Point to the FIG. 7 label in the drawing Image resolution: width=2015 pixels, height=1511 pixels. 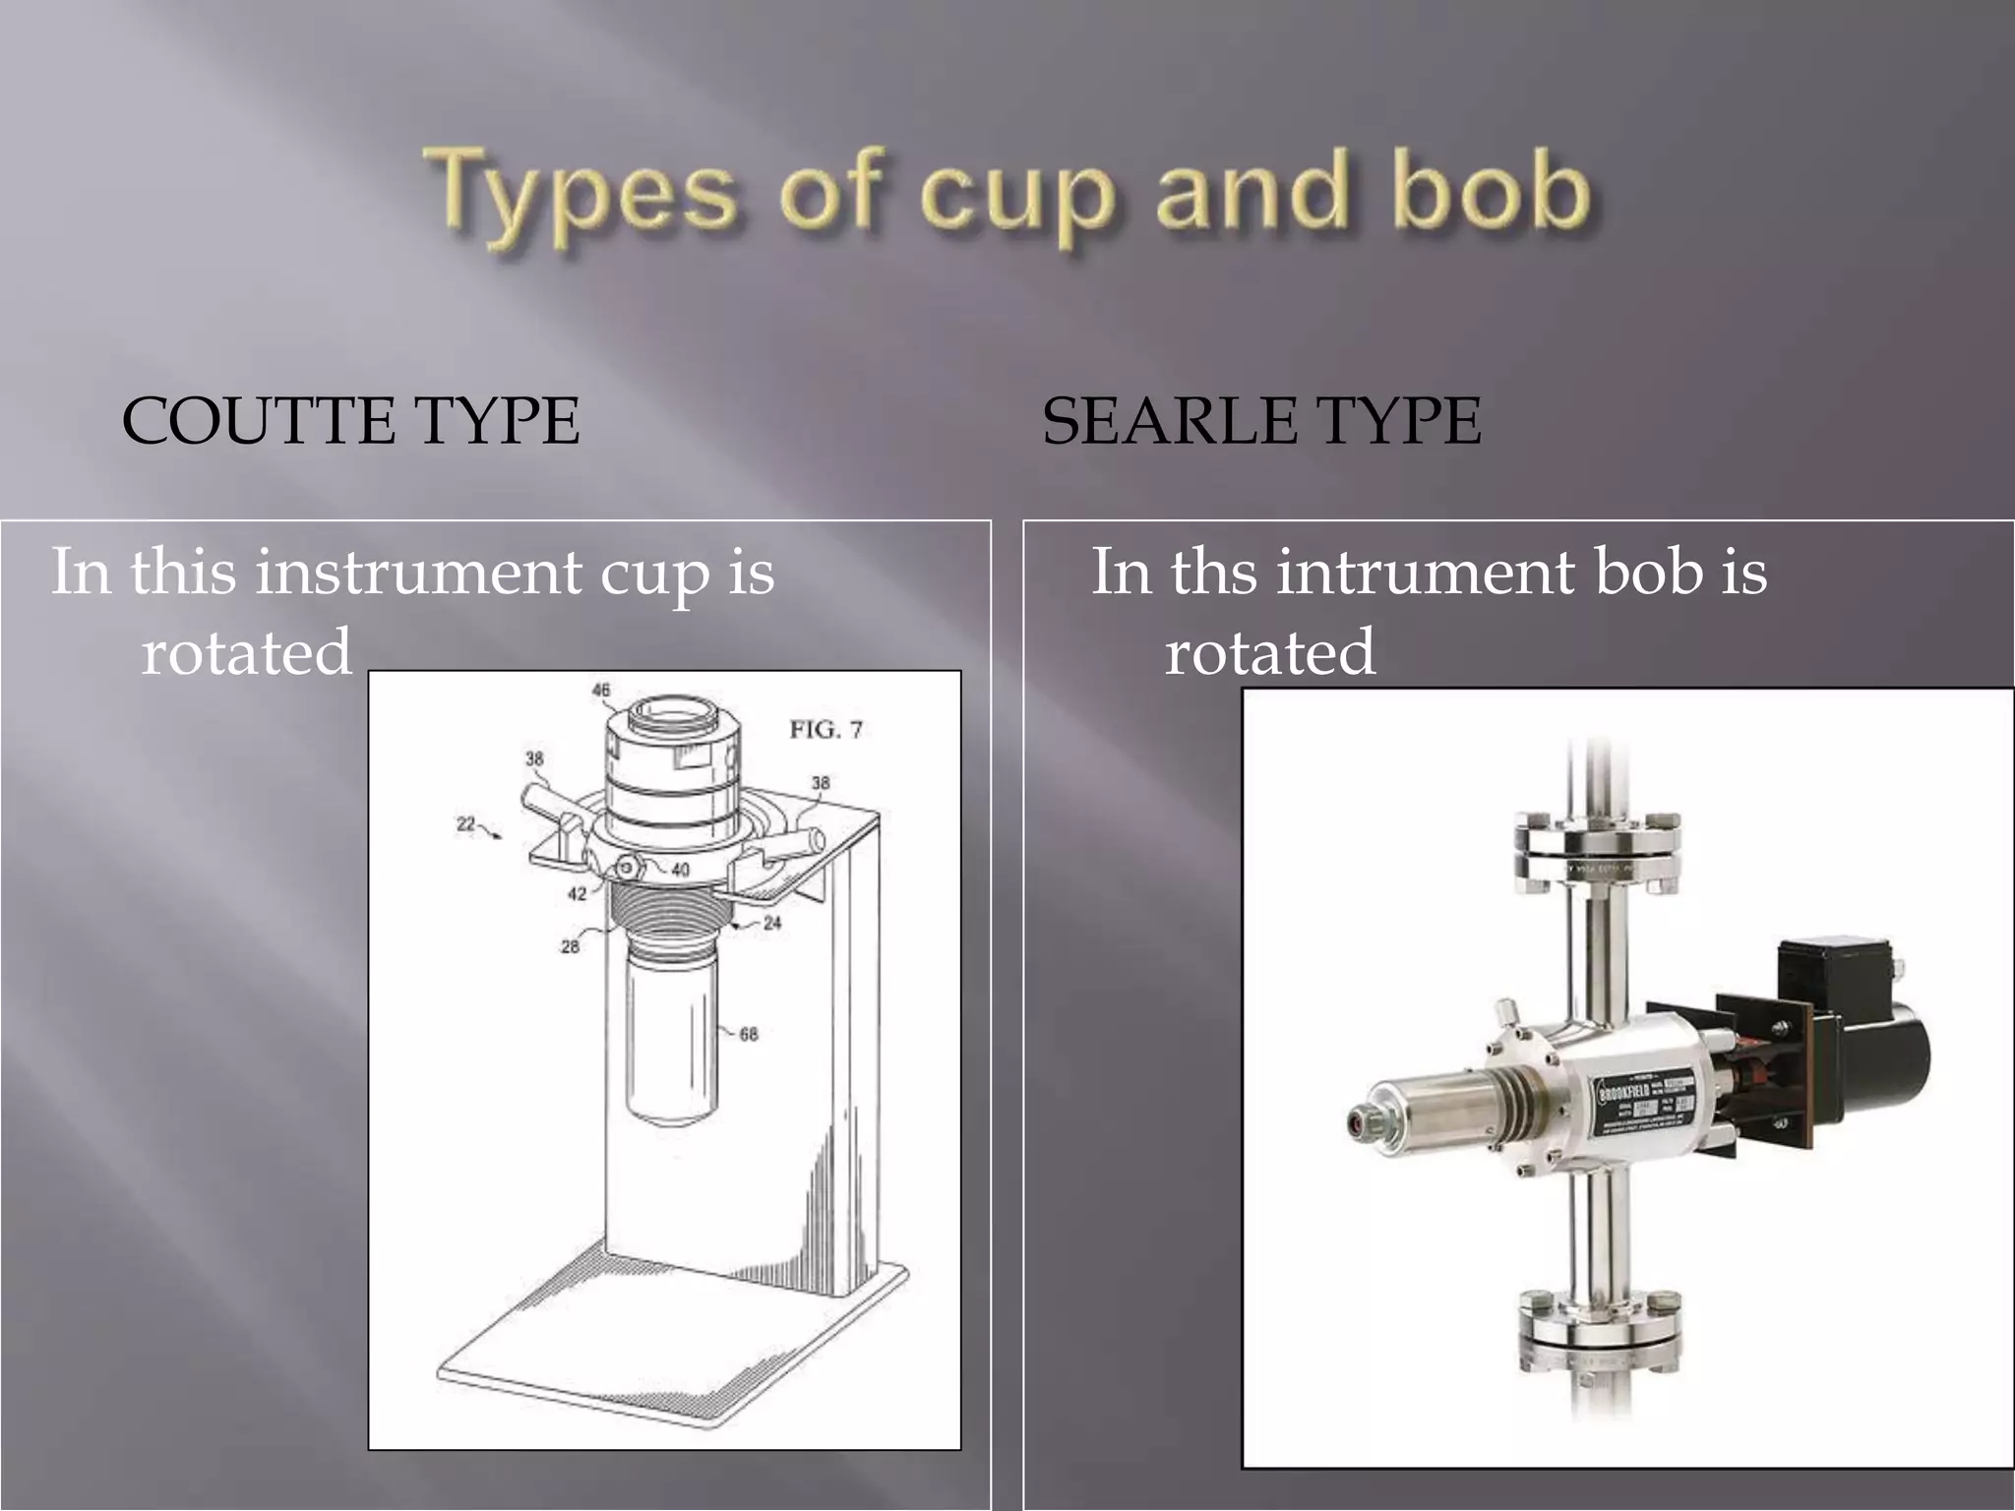825,729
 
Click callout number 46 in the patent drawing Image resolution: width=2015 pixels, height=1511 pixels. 601,690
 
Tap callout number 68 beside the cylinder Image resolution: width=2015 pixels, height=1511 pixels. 749,1034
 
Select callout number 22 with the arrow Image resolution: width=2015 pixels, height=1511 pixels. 465,823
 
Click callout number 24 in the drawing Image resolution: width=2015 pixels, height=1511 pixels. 772,923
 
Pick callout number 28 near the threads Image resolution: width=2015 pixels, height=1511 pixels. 570,946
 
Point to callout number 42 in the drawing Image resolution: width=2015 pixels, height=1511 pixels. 578,893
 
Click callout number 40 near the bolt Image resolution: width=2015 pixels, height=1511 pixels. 680,870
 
